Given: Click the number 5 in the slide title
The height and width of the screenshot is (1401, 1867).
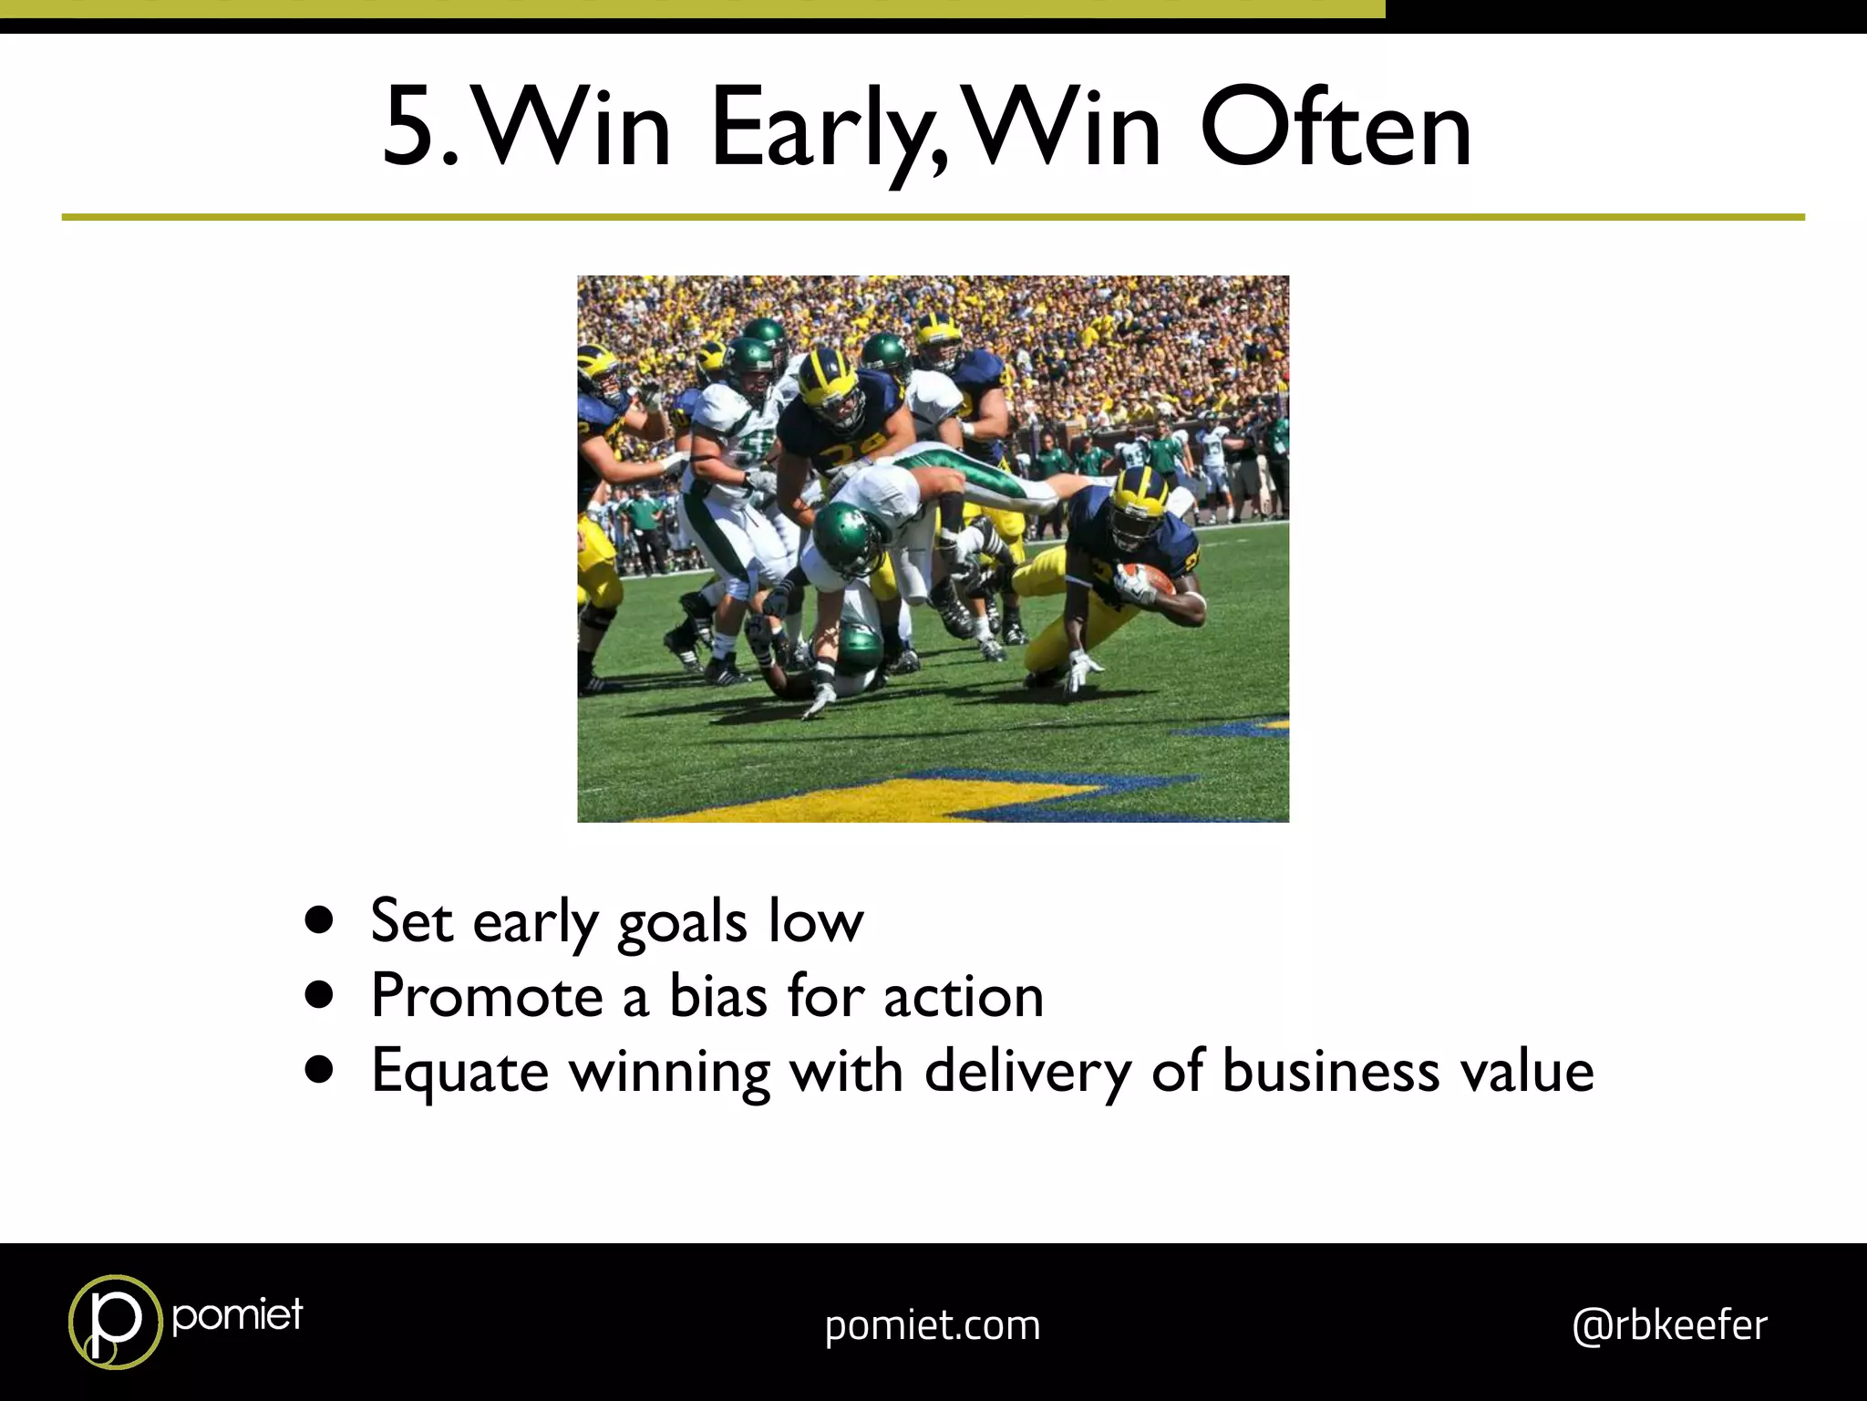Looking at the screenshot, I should pos(414,128).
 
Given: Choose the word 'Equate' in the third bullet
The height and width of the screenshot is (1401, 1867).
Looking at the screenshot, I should pos(459,1071).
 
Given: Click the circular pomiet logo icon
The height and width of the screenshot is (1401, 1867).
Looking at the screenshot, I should pos(114,1322).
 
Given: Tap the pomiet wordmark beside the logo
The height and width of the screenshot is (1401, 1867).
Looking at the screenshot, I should pos(237,1315).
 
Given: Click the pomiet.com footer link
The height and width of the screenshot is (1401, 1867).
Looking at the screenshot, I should pos(933,1325).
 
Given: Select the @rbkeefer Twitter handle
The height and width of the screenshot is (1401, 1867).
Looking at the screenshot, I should pos(1669,1325).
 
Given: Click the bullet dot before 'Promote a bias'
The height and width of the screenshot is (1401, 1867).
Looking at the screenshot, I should pos(320,996).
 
